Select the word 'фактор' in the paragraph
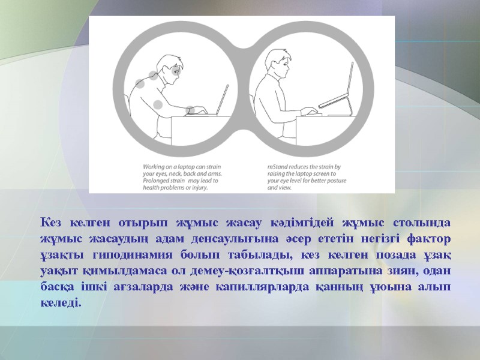tap(428, 239)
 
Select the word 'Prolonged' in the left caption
tap(157, 181)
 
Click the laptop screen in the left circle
tap(223, 99)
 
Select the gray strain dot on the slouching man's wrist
tap(190, 110)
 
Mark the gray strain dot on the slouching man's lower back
tap(158, 104)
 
